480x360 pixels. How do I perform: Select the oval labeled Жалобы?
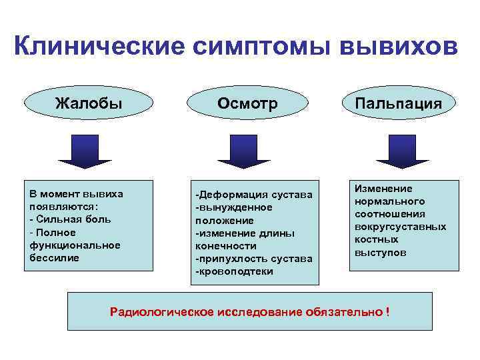click(x=89, y=104)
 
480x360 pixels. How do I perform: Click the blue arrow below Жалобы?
click(x=85, y=151)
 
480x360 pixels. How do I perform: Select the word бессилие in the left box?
click(x=54, y=257)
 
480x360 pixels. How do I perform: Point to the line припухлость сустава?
click(x=253, y=259)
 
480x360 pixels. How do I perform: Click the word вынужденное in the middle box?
click(x=234, y=207)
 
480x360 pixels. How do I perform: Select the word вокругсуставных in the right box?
click(x=400, y=227)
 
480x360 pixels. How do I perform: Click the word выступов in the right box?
click(x=380, y=253)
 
